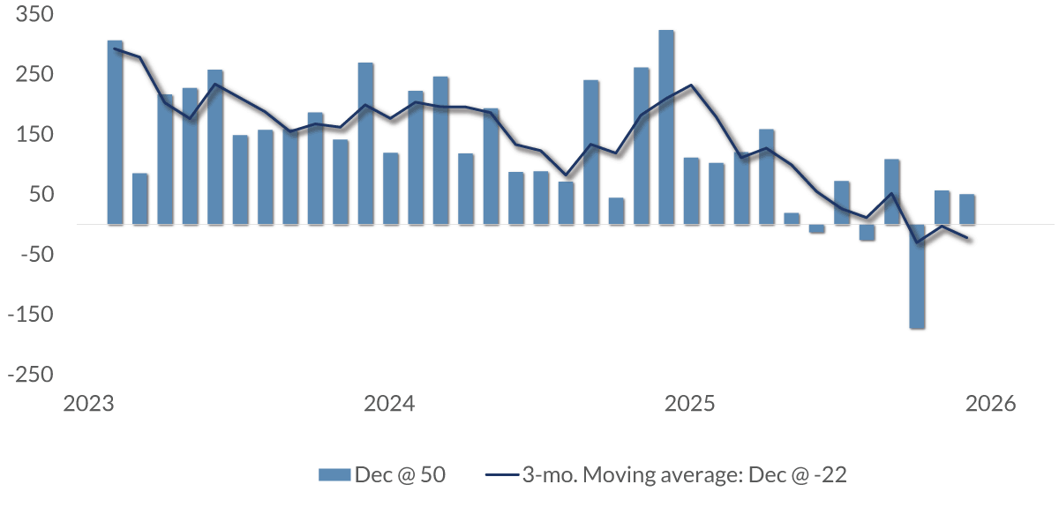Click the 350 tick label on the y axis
pos(28,15)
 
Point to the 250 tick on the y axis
pos(28,75)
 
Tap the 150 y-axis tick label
pos(28,135)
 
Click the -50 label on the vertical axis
pos(28,254)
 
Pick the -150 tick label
pos(25,314)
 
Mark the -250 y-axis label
pos(25,374)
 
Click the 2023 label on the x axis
pos(89,405)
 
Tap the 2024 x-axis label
pos(389,405)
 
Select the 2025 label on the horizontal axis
pos(690,405)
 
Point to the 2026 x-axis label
pos(991,405)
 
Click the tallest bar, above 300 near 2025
pos(666,128)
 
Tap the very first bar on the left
pos(115,132)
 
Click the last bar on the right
pos(967,209)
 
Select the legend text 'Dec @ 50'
pos(400,474)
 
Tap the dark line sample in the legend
pos(500,475)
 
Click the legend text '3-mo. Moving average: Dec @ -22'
pos(684,474)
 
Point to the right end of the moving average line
pos(968,238)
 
